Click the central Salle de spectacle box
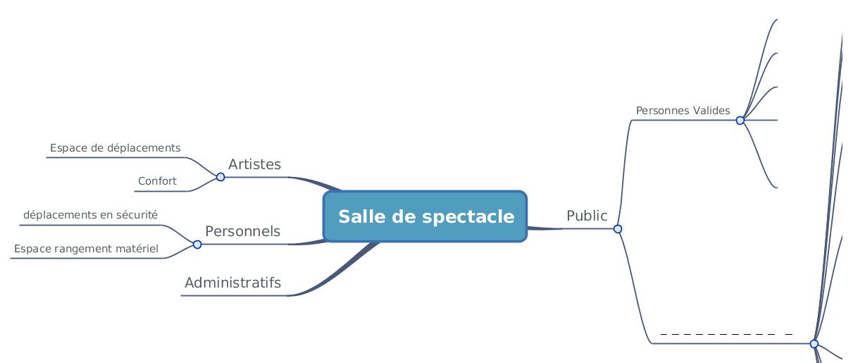click(425, 216)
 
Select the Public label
click(587, 216)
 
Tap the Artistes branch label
click(254, 164)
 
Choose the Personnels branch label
click(242, 231)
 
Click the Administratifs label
click(232, 283)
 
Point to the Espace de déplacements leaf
click(115, 148)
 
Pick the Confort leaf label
click(157, 181)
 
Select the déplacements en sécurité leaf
click(90, 215)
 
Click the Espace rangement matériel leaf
click(86, 248)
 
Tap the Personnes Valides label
click(683, 111)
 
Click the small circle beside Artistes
click(220, 177)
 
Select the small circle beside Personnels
click(197, 245)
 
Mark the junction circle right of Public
click(618, 229)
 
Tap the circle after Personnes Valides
click(740, 121)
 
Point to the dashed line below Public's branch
click(726, 334)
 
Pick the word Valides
click(711, 111)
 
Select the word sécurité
click(137, 215)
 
